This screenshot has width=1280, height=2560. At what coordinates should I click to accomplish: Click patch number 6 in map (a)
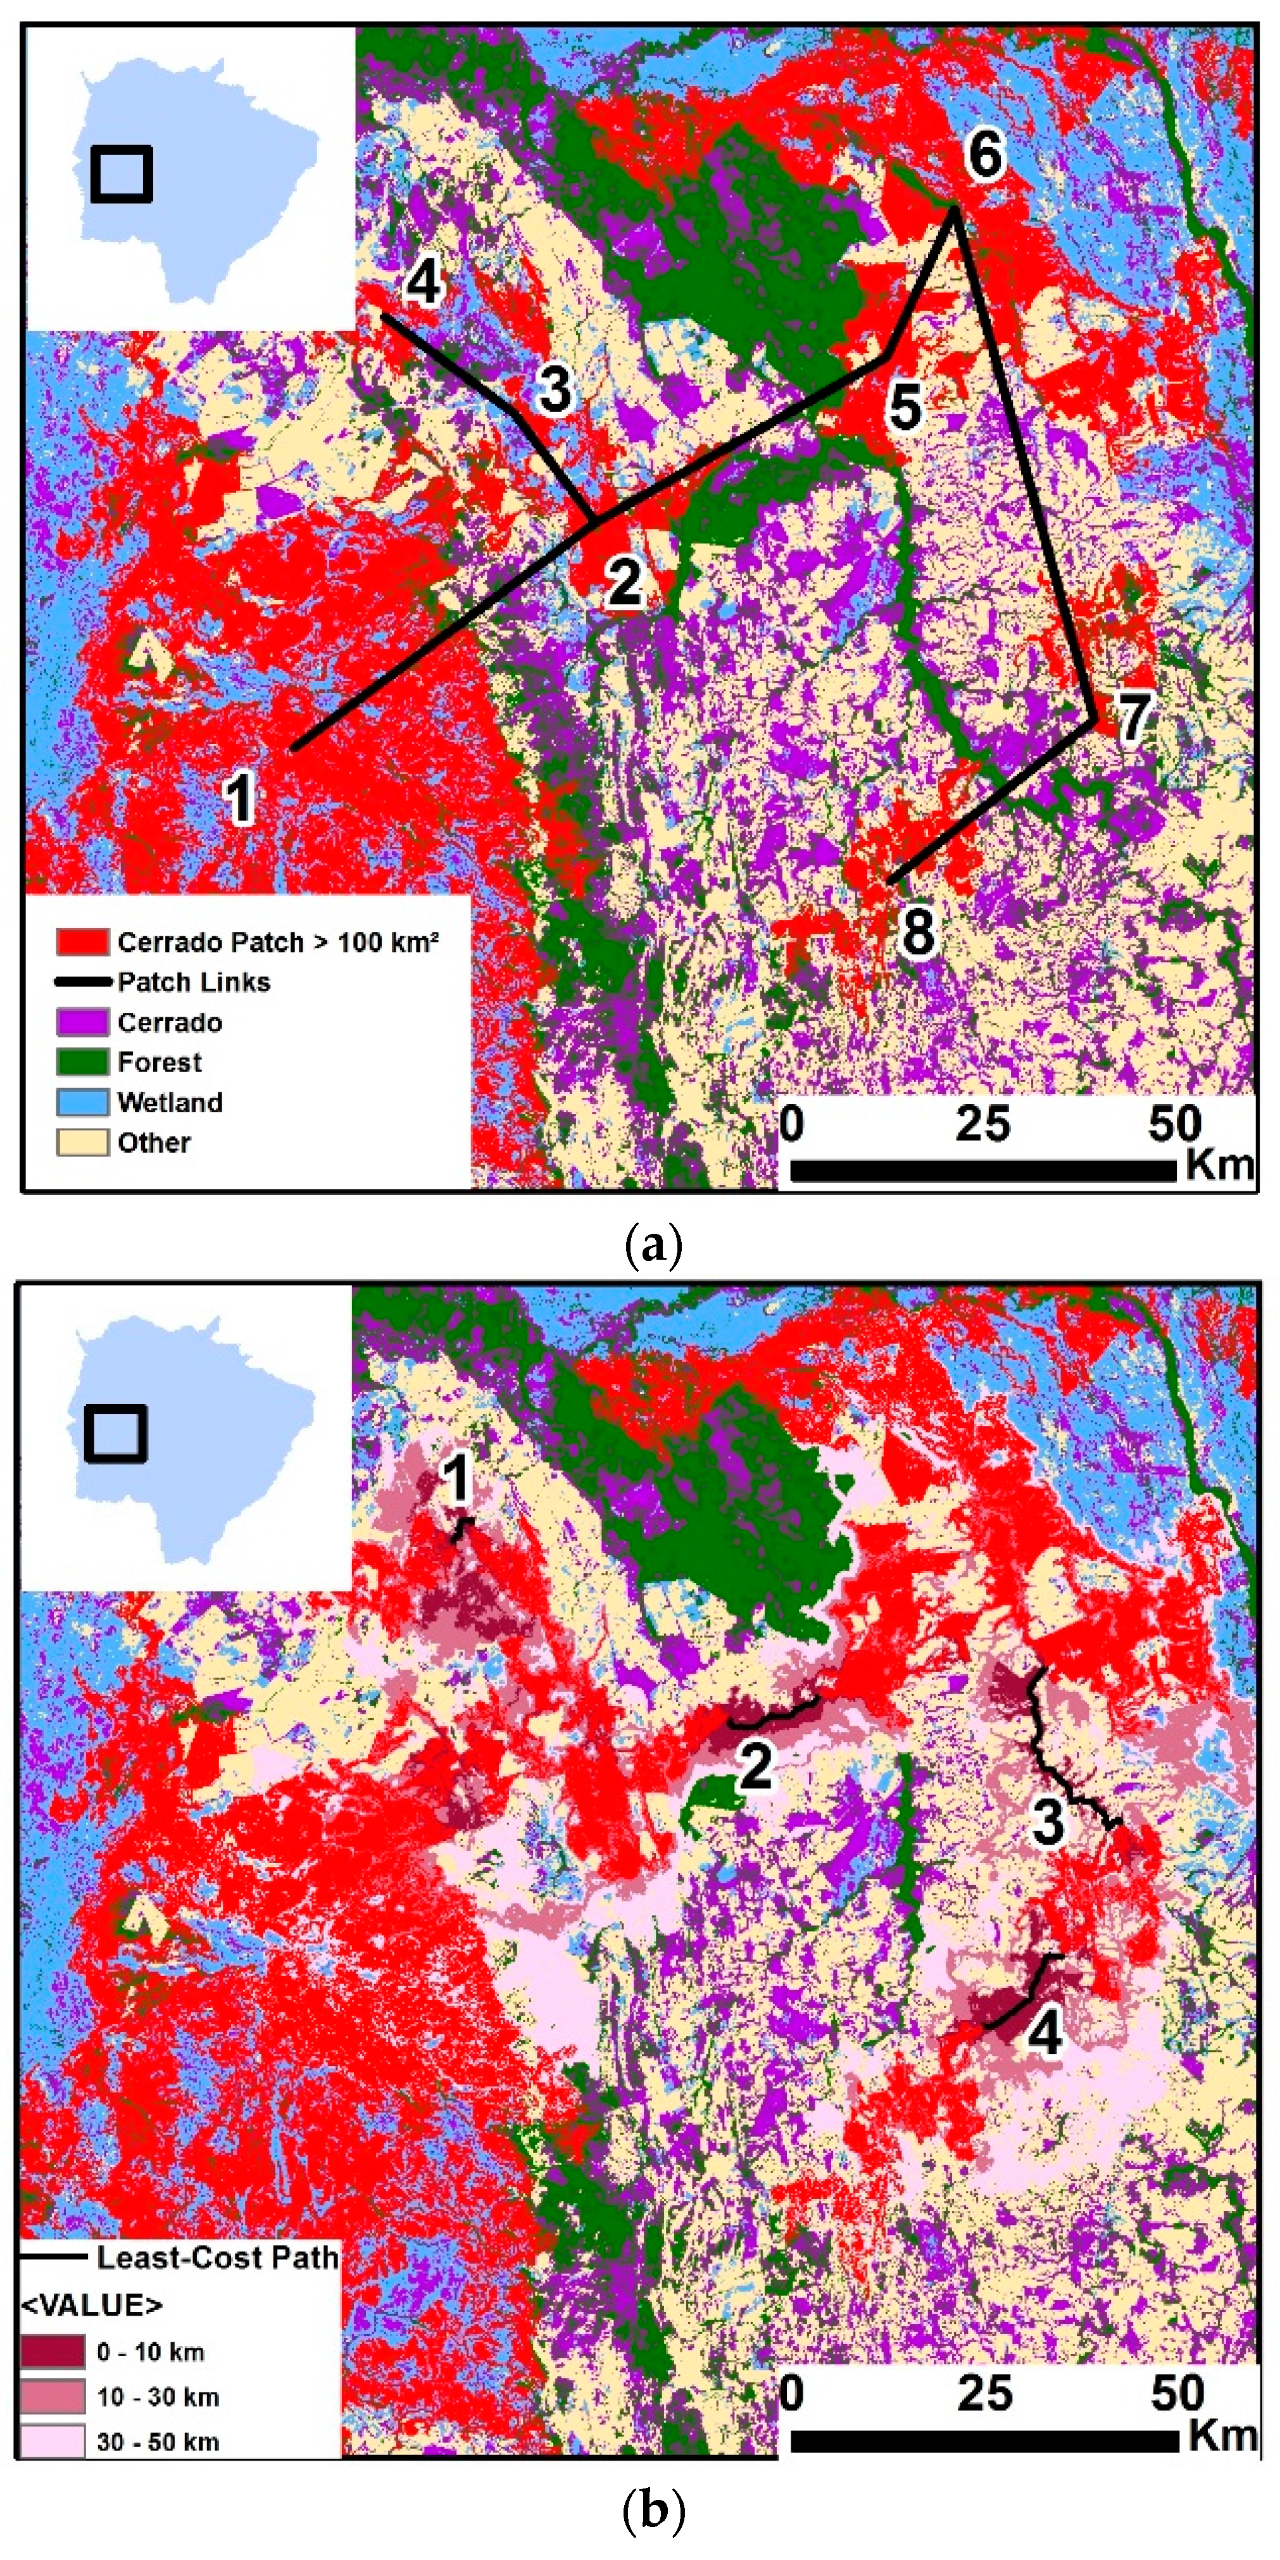click(985, 155)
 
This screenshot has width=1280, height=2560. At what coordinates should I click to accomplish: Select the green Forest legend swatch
click(82, 1062)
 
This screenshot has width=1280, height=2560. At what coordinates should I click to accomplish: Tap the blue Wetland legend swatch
click(82, 1101)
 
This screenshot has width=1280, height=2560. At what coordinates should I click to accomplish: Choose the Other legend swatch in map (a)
click(82, 1142)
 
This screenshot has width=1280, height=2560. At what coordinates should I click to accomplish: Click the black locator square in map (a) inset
click(122, 174)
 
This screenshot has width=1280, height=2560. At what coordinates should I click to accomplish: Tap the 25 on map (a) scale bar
click(982, 1124)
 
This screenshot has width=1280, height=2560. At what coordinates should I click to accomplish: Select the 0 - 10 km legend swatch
click(52, 2351)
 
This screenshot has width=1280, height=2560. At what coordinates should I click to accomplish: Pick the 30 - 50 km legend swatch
click(52, 2441)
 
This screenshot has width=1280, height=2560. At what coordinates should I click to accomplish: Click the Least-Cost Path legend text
click(216, 2257)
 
